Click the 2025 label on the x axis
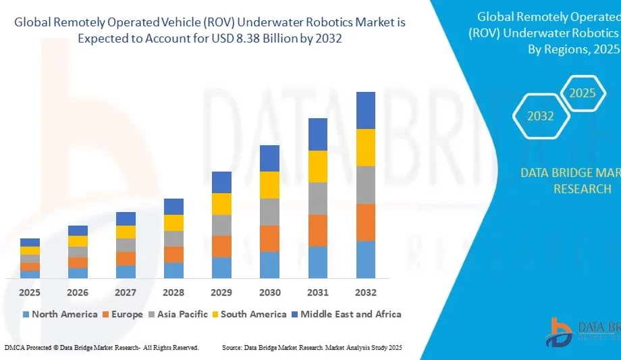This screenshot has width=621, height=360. click(x=30, y=292)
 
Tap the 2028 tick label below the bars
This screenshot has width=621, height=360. click(x=173, y=292)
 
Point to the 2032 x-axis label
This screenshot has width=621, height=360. click(x=365, y=292)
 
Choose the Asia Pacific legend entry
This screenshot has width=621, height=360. click(x=182, y=314)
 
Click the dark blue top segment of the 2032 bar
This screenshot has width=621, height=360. click(x=365, y=110)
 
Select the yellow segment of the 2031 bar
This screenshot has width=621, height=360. click(x=317, y=166)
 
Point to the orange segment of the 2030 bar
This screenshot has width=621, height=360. click(x=269, y=238)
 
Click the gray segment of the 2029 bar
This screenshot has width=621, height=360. click(x=221, y=225)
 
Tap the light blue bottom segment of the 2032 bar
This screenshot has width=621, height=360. click(x=365, y=259)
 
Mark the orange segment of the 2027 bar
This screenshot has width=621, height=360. click(x=126, y=258)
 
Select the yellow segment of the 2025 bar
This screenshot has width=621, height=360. click(x=30, y=251)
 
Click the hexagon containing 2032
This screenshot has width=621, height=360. click(x=541, y=115)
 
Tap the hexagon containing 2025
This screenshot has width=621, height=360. click(x=582, y=93)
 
